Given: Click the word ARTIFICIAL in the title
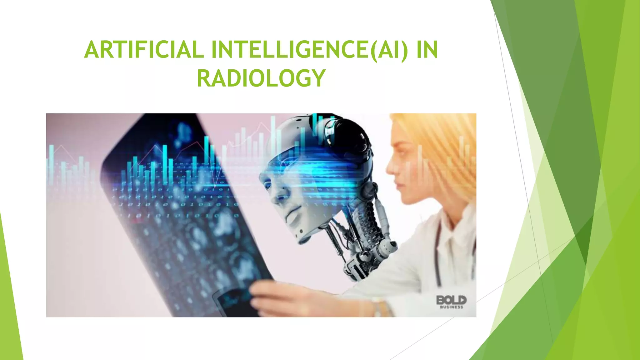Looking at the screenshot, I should point(144,50).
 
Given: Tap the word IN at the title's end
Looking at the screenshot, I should point(427,50).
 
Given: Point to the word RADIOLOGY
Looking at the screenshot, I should point(261,78).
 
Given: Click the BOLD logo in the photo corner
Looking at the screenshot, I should point(451,300).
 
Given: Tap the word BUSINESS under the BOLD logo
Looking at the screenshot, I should point(452,307).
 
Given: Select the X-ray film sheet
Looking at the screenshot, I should point(175,225).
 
